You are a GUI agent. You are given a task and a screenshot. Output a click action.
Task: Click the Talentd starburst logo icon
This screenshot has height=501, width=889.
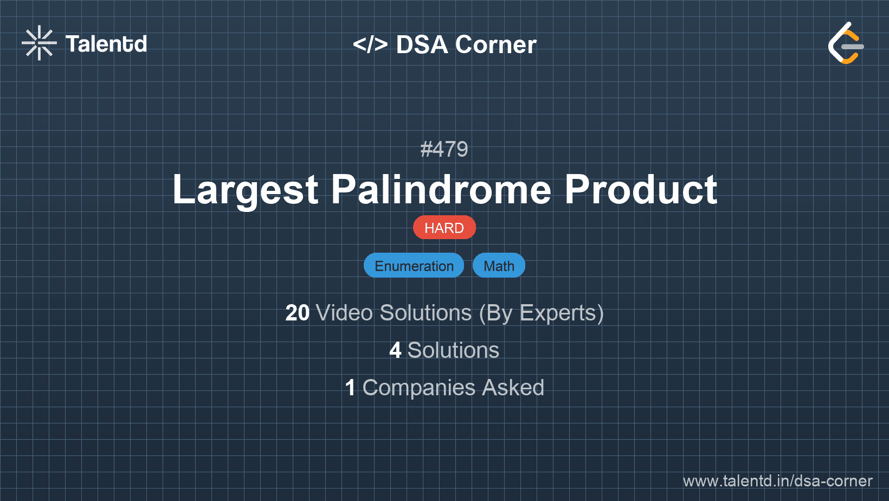pyautogui.click(x=39, y=43)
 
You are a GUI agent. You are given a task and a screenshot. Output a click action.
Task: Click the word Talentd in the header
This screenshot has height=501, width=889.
pyautogui.click(x=106, y=44)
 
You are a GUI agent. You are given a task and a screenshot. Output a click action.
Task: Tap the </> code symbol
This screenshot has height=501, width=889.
pyautogui.click(x=370, y=44)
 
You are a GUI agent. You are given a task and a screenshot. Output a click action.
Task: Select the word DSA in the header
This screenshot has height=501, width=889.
pyautogui.click(x=422, y=44)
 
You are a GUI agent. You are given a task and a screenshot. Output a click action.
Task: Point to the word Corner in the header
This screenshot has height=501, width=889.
pyautogui.click(x=495, y=44)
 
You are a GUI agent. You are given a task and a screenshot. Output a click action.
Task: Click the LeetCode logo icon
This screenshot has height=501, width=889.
pyautogui.click(x=846, y=43)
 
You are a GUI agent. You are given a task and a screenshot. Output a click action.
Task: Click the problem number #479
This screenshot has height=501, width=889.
pyautogui.click(x=444, y=149)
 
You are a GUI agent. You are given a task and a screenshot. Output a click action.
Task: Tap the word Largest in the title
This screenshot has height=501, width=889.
pyautogui.click(x=246, y=190)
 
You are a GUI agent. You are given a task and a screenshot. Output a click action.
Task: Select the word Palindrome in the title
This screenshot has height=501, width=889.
pyautogui.click(x=441, y=190)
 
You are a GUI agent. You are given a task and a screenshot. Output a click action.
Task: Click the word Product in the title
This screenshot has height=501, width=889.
pyautogui.click(x=641, y=190)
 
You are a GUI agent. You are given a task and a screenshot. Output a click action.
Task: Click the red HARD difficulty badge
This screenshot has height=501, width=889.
pyautogui.click(x=444, y=228)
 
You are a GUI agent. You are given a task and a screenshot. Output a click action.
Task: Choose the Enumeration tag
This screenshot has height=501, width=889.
pyautogui.click(x=414, y=266)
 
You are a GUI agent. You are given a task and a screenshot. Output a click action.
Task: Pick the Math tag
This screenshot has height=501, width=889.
pyautogui.click(x=499, y=266)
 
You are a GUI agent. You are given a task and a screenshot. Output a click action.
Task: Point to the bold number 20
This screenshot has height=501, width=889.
pyautogui.click(x=297, y=313)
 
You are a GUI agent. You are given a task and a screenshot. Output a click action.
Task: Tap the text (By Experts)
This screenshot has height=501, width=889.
pyautogui.click(x=541, y=313)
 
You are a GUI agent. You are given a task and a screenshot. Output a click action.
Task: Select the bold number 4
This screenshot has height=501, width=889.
pyautogui.click(x=395, y=350)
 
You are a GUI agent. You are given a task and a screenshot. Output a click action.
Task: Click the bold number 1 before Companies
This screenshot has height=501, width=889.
pyautogui.click(x=350, y=388)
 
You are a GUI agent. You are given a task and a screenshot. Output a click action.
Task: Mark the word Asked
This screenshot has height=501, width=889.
pyautogui.click(x=513, y=388)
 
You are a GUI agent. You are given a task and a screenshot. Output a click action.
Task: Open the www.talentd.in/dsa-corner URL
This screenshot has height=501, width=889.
pyautogui.click(x=777, y=481)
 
